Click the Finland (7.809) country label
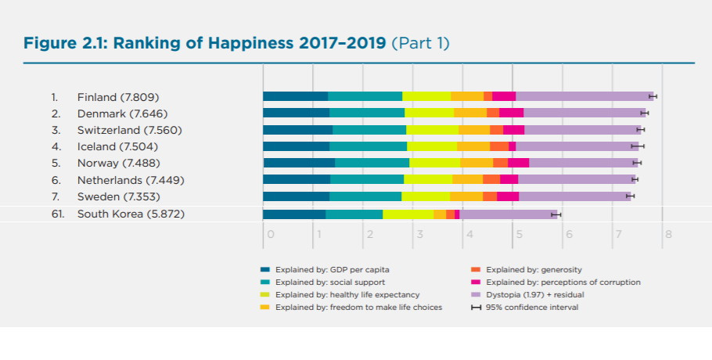pyautogui.click(x=117, y=98)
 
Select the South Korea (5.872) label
pyautogui.click(x=131, y=214)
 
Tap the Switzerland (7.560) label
pyautogui.click(x=129, y=130)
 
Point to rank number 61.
pyautogui.click(x=58, y=214)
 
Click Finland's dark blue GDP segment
pyautogui.click(x=295, y=96)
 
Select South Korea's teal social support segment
pyautogui.click(x=354, y=214)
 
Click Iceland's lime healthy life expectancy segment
pyautogui.click(x=432, y=146)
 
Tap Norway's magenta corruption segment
pyautogui.click(x=518, y=163)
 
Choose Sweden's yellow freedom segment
pyautogui.click(x=466, y=196)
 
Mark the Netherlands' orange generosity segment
pyautogui.click(x=491, y=179)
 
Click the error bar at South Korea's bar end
pyautogui.click(x=556, y=214)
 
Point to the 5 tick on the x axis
pyautogui.click(x=518, y=233)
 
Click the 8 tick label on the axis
pyautogui.click(x=667, y=233)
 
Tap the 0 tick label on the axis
pyautogui.click(x=270, y=233)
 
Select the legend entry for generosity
pyautogui.click(x=533, y=269)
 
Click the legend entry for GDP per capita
pyautogui.click(x=327, y=269)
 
